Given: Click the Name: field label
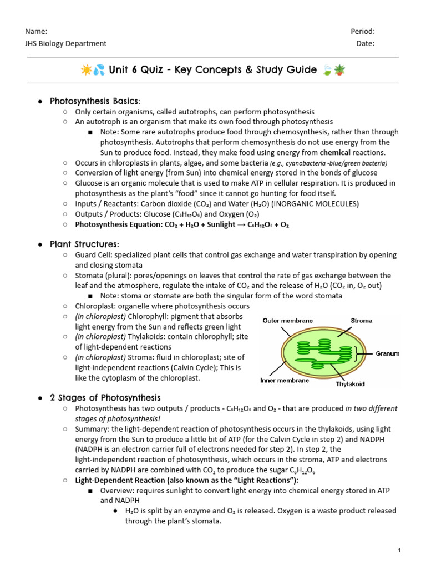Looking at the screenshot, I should tap(35, 32).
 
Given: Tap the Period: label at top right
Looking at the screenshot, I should tap(363, 32).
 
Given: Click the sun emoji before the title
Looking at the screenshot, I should tap(87, 70).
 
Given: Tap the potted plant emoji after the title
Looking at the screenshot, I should tap(339, 70).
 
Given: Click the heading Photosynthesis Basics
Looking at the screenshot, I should tap(95, 101).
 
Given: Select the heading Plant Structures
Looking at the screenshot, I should tap(84, 244).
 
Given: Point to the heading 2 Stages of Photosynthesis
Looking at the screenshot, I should tap(105, 398).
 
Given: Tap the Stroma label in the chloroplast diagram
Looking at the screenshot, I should tap(362, 321).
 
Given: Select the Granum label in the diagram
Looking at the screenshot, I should tap(388, 353).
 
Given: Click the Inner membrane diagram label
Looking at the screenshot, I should tap(285, 381).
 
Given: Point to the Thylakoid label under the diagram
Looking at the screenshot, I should tap(351, 384).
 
